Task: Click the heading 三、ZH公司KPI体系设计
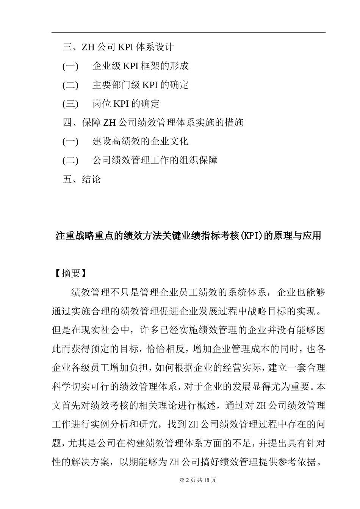pyautogui.click(x=118, y=47)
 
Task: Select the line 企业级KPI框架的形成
pyautogui.click(x=140, y=66)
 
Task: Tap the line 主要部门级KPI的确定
pyautogui.click(x=140, y=85)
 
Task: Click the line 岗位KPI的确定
pyautogui.click(x=126, y=103)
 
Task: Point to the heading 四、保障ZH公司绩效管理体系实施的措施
pyautogui.click(x=153, y=122)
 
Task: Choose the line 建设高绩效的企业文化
pyautogui.click(x=140, y=141)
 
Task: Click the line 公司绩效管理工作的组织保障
pyautogui.click(x=155, y=160)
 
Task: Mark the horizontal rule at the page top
pyautogui.click(x=188, y=33)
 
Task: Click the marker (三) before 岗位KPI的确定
pyautogui.click(x=70, y=103)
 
